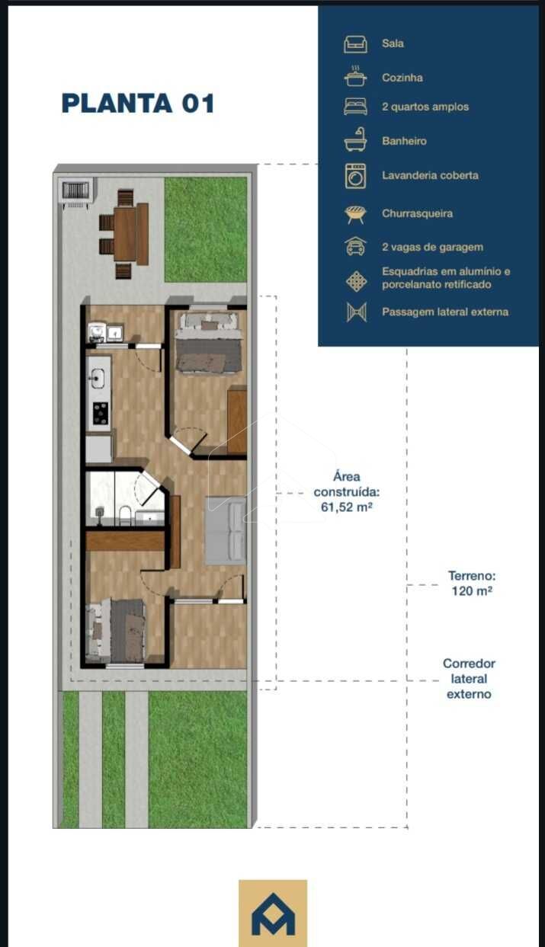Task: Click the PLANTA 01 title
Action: click(x=138, y=104)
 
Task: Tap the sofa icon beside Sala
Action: click(x=355, y=44)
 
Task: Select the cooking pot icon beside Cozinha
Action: click(x=355, y=76)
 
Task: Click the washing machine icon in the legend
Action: click(x=355, y=176)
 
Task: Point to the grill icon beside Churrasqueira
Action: click(x=355, y=214)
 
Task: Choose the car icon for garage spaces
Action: click(x=355, y=247)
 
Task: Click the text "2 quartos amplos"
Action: click(x=425, y=107)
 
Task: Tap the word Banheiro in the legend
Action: click(x=404, y=141)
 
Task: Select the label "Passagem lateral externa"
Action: click(x=445, y=312)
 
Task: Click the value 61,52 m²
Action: click(x=347, y=507)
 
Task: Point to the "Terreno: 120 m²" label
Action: click(x=472, y=583)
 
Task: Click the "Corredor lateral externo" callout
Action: click(x=469, y=679)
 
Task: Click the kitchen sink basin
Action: click(x=98, y=378)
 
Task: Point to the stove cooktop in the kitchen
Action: click(x=101, y=413)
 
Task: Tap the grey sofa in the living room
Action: click(x=226, y=530)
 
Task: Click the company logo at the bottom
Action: click(x=273, y=913)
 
